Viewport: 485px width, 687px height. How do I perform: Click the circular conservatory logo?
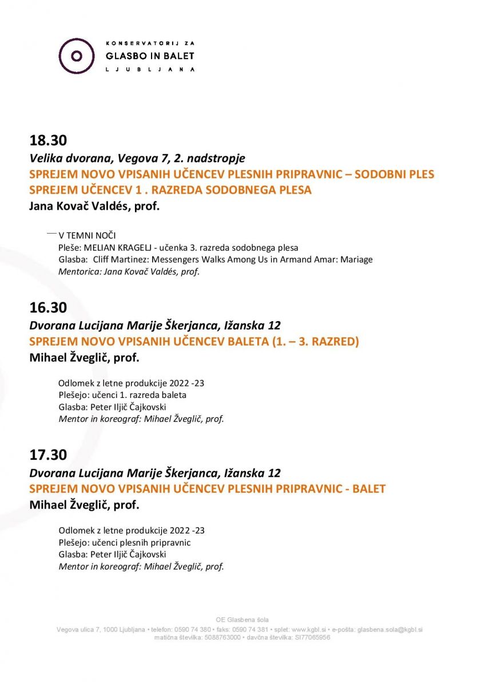[x=77, y=56]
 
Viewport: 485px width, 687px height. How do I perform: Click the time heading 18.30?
[x=48, y=140]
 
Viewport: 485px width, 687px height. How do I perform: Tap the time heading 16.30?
[x=48, y=307]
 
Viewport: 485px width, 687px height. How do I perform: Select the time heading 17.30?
[x=48, y=455]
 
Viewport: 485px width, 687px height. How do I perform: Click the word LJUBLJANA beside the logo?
[x=150, y=69]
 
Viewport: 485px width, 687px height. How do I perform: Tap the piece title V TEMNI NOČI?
[x=88, y=235]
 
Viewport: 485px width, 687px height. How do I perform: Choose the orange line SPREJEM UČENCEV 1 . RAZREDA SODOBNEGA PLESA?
[x=170, y=190]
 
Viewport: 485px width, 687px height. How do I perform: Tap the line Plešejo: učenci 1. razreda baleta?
[x=122, y=394]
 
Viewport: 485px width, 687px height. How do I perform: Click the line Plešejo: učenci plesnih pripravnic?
[x=124, y=542]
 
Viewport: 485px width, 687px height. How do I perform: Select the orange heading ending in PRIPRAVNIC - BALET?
[x=207, y=489]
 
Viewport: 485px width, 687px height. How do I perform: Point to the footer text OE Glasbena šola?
[x=242, y=619]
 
